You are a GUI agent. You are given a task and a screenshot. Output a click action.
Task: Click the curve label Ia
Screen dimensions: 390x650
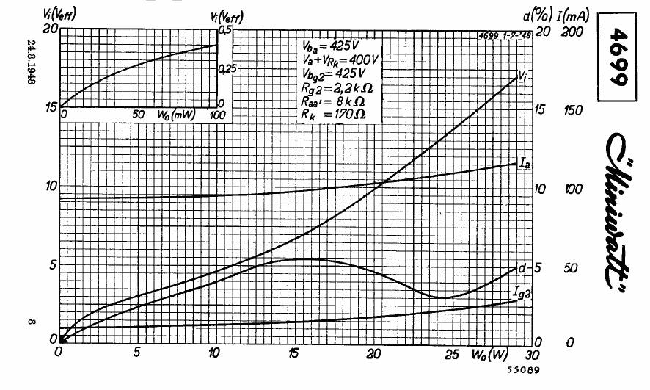pyautogui.click(x=525, y=164)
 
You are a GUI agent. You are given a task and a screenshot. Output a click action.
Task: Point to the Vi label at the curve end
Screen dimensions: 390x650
pyautogui.click(x=523, y=75)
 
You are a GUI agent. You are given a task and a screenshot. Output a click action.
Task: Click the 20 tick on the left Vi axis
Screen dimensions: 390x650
pyautogui.click(x=50, y=29)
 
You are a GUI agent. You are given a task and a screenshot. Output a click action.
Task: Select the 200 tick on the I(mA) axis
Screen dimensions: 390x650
pyautogui.click(x=574, y=32)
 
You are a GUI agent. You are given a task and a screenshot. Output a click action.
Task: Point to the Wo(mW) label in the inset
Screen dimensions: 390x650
pyautogui.click(x=173, y=115)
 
